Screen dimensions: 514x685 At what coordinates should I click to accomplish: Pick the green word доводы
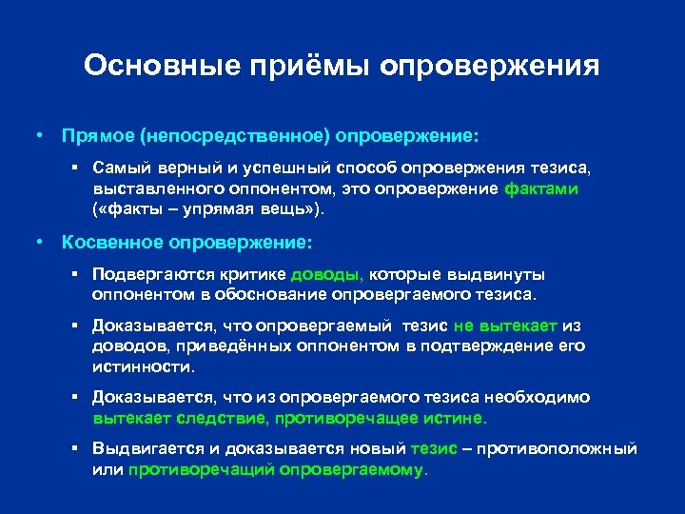coord(326,277)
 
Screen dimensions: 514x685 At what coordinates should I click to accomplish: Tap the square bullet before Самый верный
coord(74,168)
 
